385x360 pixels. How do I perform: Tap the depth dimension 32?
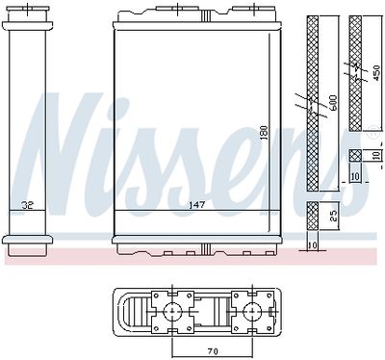[x=28, y=205]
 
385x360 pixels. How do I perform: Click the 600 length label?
[x=332, y=100]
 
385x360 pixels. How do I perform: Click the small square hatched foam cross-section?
[x=355, y=155]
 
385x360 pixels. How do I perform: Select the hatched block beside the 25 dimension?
[x=313, y=218]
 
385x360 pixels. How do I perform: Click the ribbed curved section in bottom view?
[x=129, y=311]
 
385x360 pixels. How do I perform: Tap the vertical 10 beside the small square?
[x=376, y=155]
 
